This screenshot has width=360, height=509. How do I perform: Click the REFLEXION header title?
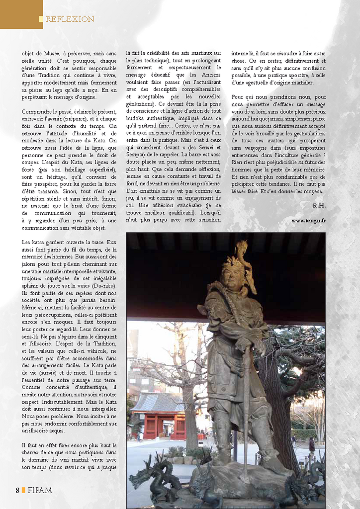(x=70, y=19)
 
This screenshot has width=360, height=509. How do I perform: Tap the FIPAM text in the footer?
(x=40, y=490)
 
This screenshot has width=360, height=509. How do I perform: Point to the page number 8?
(x=17, y=490)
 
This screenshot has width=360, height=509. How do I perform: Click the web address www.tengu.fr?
(x=308, y=220)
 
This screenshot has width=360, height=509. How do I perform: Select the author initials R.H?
(x=319, y=205)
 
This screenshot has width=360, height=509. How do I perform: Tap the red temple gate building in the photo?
(x=158, y=415)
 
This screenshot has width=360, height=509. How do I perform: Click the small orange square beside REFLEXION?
(x=42, y=19)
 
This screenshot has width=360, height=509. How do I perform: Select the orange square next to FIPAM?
(x=23, y=490)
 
